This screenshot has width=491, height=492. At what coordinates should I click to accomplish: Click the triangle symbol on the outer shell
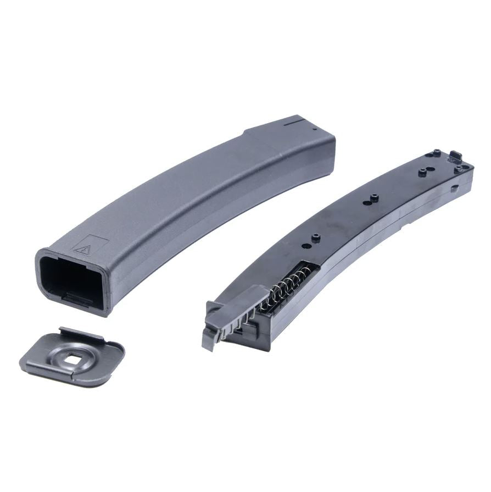(82, 249)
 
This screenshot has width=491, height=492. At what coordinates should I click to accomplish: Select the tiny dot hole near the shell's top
(315, 130)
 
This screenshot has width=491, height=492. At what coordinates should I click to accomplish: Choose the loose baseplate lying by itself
(71, 357)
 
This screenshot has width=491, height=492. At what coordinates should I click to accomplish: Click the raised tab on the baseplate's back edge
(82, 333)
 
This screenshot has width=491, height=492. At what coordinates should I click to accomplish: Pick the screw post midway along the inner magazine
(373, 198)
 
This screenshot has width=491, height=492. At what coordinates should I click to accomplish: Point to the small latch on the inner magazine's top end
(456, 156)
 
